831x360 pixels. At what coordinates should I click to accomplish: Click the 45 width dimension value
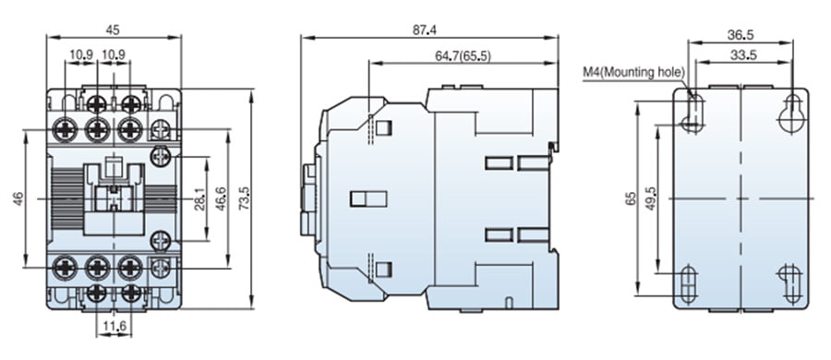tap(113, 30)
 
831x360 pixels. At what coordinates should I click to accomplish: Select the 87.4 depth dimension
tap(425, 30)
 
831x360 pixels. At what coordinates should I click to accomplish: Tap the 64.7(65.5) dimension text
tap(456, 55)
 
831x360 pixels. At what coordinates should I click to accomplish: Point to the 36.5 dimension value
tap(741, 35)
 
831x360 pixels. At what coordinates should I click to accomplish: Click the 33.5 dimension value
tap(742, 54)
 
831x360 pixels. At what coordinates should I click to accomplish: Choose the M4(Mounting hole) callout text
tap(633, 72)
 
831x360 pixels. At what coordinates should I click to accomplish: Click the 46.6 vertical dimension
tap(221, 198)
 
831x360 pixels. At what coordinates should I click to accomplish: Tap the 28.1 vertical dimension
tap(199, 198)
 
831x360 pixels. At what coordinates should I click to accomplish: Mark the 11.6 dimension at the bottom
tap(114, 327)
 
